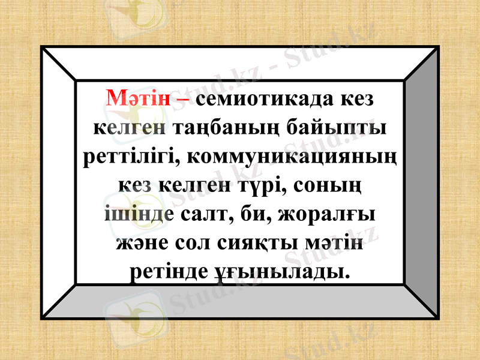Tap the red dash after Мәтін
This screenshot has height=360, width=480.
click(182, 98)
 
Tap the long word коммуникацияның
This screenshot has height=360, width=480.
click(292, 157)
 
